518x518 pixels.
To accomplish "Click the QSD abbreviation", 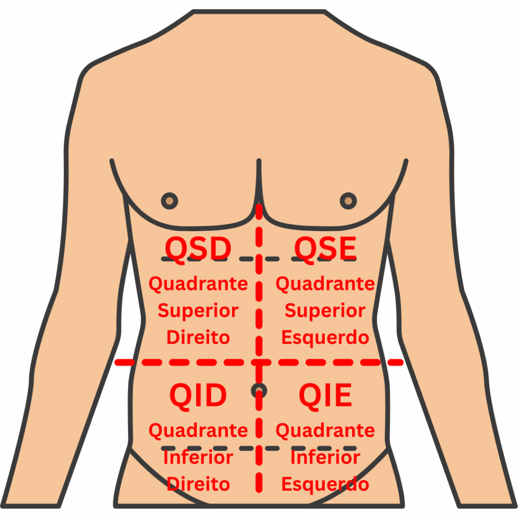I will click(x=198, y=249).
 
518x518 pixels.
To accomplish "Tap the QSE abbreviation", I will click(x=325, y=249).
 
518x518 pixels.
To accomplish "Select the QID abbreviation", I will click(x=198, y=396).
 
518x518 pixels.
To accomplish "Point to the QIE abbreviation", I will click(x=325, y=396).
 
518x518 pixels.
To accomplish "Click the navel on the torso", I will click(x=258, y=390).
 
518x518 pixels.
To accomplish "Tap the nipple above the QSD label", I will click(x=169, y=201).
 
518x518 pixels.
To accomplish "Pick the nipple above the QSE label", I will click(x=348, y=201).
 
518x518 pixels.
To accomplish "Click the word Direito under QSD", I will click(x=198, y=337).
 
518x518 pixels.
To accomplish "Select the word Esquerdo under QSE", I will click(x=325, y=337).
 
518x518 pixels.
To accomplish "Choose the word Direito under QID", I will click(x=198, y=484).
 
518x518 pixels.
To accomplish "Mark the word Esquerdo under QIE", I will click(x=325, y=484).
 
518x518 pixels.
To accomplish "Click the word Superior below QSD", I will click(x=198, y=311).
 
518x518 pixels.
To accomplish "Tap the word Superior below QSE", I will click(x=325, y=311).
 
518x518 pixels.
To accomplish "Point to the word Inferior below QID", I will click(x=198, y=457).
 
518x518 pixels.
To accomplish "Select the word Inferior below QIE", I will click(x=325, y=457).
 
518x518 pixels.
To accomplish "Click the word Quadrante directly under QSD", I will click(x=198, y=284).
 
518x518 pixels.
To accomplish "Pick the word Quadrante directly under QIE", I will click(x=325, y=430).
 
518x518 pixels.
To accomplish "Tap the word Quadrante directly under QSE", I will click(x=325, y=284).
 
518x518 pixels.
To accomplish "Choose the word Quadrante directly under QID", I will click(x=198, y=430).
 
